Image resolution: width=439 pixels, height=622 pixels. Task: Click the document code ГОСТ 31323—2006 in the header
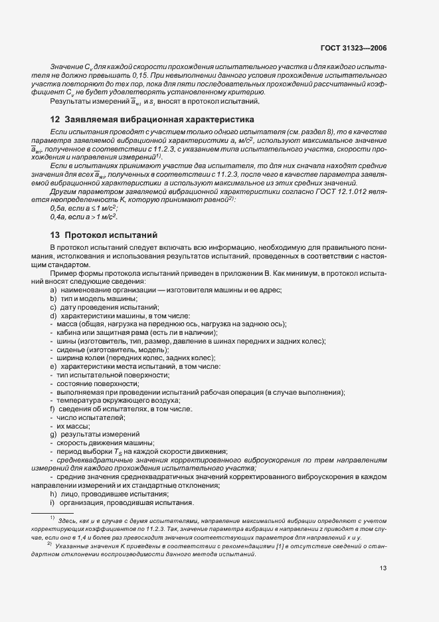[357, 49]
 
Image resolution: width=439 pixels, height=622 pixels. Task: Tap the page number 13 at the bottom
[383, 568]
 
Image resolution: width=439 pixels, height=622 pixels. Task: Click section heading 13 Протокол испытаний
[102, 235]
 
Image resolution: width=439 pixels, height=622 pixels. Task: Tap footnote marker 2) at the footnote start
[50, 543]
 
